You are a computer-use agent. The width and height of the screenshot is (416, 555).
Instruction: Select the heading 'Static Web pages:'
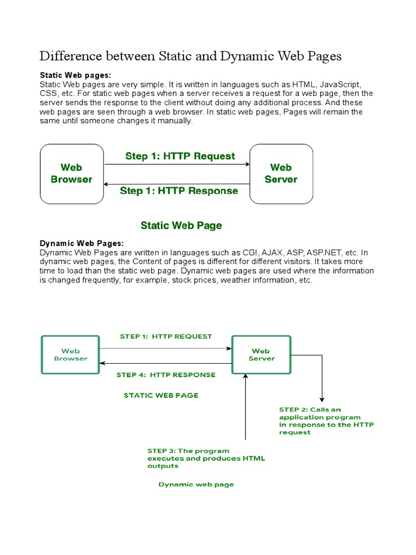pyautogui.click(x=79, y=75)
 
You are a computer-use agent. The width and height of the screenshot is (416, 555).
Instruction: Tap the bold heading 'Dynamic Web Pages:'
pyautogui.click(x=82, y=243)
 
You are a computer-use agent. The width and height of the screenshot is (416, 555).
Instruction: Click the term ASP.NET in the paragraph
pyautogui.click(x=324, y=253)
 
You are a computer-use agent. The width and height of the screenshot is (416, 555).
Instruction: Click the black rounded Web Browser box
pyautogui.click(x=71, y=173)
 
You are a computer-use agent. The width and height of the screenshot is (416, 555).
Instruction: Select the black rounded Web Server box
pyautogui.click(x=281, y=173)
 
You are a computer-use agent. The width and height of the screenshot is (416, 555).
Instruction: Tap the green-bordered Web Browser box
pyautogui.click(x=70, y=354)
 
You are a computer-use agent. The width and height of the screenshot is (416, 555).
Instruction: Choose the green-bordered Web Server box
pyautogui.click(x=261, y=354)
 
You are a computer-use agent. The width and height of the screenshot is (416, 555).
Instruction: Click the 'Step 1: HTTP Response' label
pyautogui.click(x=179, y=191)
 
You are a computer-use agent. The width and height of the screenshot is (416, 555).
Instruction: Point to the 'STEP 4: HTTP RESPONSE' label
pyautogui.click(x=166, y=375)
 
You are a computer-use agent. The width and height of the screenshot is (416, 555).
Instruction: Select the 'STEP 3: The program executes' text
pyautogui.click(x=206, y=458)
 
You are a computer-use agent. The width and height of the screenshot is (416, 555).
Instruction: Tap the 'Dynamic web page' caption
pyautogui.click(x=196, y=484)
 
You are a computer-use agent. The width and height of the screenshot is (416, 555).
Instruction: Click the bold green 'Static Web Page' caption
pyautogui.click(x=181, y=225)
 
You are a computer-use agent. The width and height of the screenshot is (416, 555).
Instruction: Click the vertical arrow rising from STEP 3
pyautogui.click(x=246, y=406)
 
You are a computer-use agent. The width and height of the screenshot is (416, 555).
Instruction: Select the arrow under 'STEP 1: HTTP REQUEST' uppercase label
pyautogui.click(x=166, y=349)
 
